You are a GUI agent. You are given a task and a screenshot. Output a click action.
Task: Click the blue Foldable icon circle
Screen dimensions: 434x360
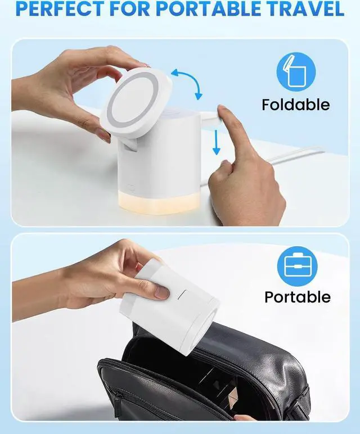[x=295, y=72]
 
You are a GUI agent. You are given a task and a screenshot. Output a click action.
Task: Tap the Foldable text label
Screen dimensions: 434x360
[x=295, y=105]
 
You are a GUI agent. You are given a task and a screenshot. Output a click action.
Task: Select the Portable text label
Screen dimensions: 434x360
[x=298, y=297]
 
